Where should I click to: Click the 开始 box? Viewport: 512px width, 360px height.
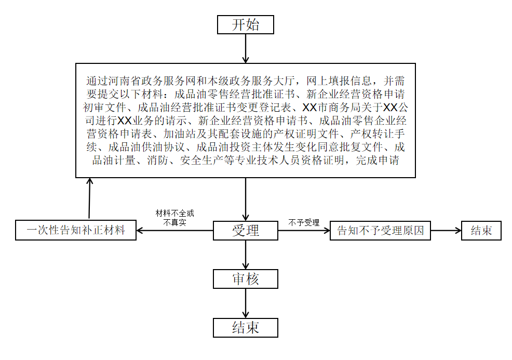click(246, 24)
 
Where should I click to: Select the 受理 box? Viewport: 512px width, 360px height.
click(246, 231)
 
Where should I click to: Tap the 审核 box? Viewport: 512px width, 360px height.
click(246, 279)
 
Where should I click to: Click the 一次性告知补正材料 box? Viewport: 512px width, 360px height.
click(76, 230)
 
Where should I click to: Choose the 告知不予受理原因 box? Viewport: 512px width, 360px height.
click(381, 231)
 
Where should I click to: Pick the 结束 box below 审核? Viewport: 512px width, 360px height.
click(246, 328)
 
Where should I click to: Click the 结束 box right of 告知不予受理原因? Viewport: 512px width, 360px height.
click(481, 231)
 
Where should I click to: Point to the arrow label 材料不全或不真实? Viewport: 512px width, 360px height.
click(174, 218)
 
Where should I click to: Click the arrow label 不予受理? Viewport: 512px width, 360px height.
click(304, 223)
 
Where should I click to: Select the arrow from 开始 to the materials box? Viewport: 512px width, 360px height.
click(246, 48)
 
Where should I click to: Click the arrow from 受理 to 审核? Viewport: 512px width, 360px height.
click(246, 255)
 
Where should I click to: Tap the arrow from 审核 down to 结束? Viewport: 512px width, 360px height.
click(246, 303)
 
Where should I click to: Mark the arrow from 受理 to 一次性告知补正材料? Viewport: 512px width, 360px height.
click(174, 231)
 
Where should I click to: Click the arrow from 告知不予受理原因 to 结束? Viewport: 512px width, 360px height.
click(446, 231)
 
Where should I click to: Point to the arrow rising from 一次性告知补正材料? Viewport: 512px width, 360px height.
click(89, 199)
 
